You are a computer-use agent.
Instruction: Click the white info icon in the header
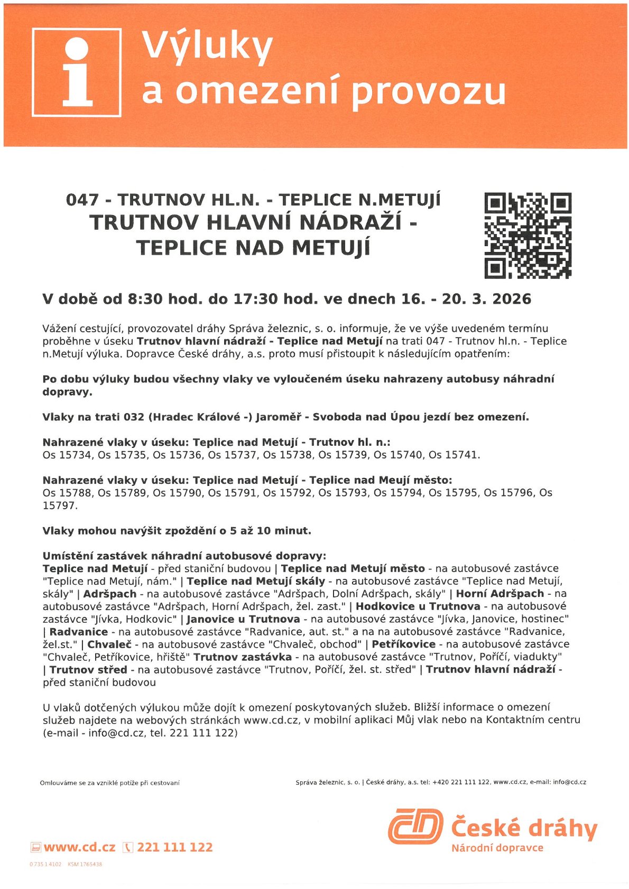tap(77, 72)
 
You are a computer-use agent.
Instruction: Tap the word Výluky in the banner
tap(207, 46)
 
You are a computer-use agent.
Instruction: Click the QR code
tap(528, 236)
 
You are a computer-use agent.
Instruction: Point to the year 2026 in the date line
tap(511, 299)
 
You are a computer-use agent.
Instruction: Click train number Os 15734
tap(67, 455)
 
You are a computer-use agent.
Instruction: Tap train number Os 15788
tap(67, 493)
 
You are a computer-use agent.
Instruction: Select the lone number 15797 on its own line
tap(60, 506)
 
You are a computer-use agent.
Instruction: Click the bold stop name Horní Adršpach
tap(499, 594)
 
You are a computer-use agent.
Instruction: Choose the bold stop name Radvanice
tap(79, 632)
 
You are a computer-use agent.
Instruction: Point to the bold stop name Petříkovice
tap(403, 644)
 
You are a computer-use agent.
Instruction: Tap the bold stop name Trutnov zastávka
tap(243, 657)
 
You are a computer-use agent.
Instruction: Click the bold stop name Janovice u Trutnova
tap(243, 619)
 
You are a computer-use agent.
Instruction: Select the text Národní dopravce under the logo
tap(497, 848)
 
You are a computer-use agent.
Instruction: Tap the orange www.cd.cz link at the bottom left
tap(79, 847)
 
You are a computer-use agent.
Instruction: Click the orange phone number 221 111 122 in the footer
tap(174, 847)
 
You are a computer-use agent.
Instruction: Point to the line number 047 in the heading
tap(82, 200)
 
